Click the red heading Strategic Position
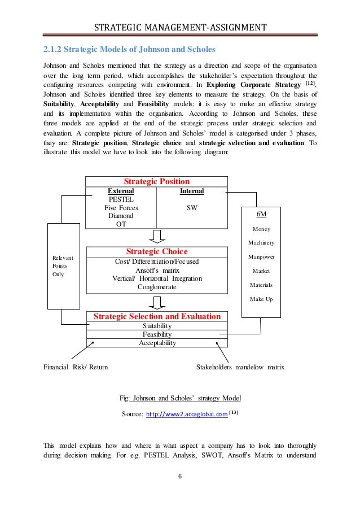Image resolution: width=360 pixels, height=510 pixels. coord(156,182)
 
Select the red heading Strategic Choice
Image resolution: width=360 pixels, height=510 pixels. coord(156,251)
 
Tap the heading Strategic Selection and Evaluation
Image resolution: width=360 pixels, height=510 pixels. coord(156,316)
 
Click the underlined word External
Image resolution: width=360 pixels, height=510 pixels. coord(121,191)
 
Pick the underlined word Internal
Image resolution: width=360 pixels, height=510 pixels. coord(192,191)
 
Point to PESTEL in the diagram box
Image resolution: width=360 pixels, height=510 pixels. coord(120,199)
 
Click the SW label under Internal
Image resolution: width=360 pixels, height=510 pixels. coord(191,208)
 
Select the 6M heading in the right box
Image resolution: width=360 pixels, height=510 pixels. coord(261,215)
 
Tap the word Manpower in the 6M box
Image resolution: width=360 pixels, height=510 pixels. coord(261,257)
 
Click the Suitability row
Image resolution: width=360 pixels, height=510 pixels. coord(157,326)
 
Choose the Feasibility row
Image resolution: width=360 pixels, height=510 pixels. coord(157,334)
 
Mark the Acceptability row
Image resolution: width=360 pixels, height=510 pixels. coord(157,343)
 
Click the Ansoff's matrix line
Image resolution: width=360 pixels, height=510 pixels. coord(156,270)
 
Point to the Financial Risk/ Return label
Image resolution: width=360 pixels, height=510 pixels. coord(76,367)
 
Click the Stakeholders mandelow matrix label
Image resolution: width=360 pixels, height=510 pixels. coord(240,367)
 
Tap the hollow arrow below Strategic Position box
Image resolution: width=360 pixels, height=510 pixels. coord(156,237)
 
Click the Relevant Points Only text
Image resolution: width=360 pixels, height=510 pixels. coord(59,266)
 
